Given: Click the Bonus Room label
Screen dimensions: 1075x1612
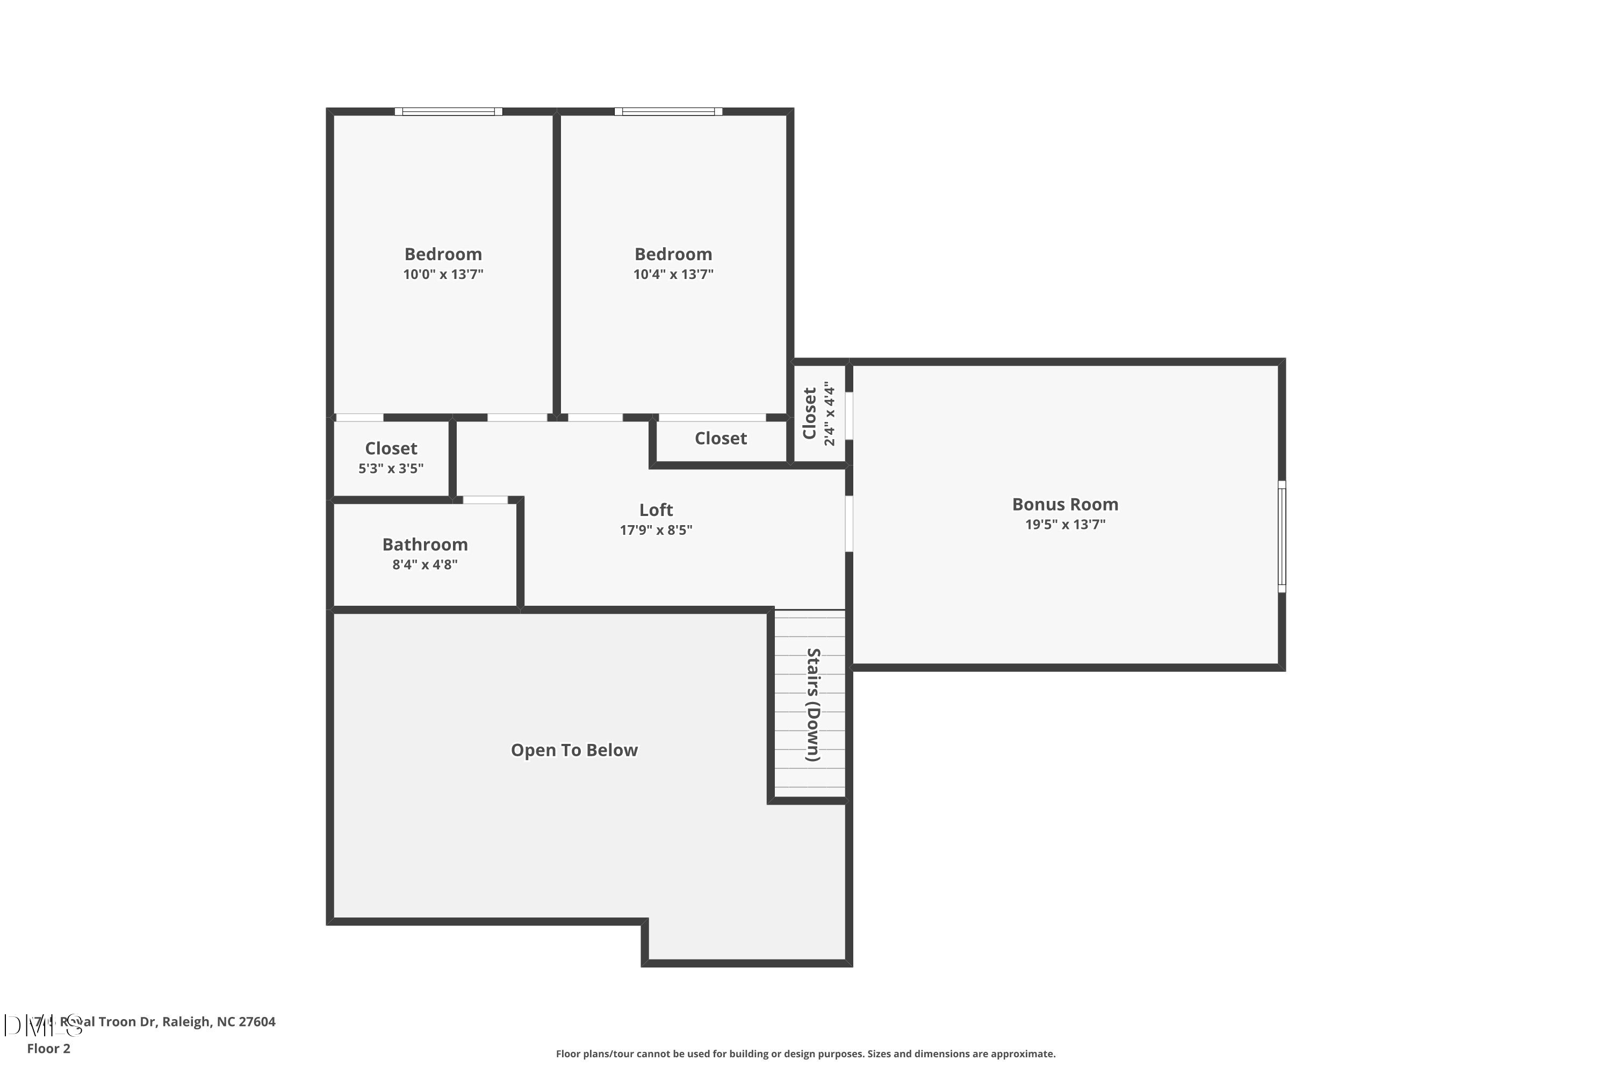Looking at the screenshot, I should click(x=1064, y=505).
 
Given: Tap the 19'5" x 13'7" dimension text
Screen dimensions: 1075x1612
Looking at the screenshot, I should click(x=1064, y=525).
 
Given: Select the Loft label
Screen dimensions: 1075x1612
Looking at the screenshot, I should click(x=656, y=510).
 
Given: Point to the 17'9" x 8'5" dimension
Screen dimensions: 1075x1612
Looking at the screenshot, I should click(x=656, y=530).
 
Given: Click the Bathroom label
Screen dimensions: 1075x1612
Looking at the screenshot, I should click(x=425, y=545).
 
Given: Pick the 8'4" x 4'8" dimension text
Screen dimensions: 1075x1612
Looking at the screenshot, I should click(x=425, y=565).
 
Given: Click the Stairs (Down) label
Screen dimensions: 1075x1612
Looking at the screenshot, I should click(x=813, y=705).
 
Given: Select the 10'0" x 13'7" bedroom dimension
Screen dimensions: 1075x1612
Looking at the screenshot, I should click(x=443, y=274).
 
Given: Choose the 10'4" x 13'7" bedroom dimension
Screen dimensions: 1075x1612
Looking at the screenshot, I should click(x=673, y=274).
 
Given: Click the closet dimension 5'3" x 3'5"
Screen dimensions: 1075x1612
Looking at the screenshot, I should click(x=391, y=468).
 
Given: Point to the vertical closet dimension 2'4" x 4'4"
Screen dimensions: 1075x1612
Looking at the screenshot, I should click(x=830, y=413).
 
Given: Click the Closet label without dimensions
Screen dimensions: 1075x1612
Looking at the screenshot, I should click(x=721, y=439).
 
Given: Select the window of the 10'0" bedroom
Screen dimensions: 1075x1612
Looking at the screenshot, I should click(x=448, y=112).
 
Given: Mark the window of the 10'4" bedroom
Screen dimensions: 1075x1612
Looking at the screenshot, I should click(x=668, y=112).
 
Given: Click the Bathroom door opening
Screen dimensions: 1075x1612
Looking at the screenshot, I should click(x=485, y=500).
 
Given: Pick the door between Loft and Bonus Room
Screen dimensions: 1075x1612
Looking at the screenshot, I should click(x=848, y=523).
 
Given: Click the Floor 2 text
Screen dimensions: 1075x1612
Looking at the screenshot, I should click(x=49, y=1048).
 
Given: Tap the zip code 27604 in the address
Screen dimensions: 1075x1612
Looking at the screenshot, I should click(x=256, y=1022).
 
